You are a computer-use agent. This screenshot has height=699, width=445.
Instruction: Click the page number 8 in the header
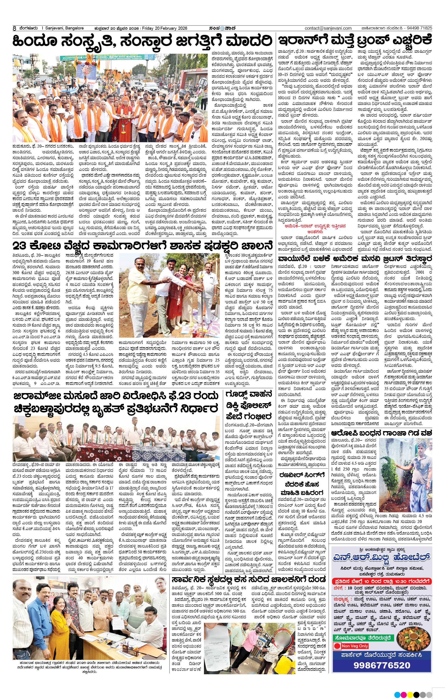[14, 28]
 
